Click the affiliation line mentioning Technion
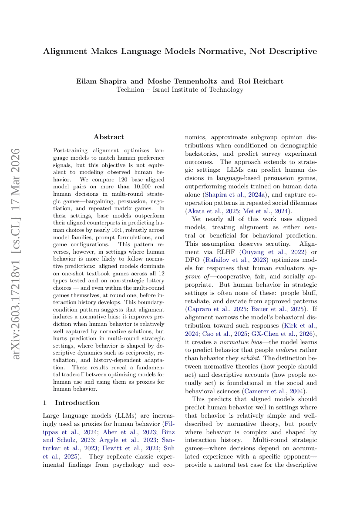180,90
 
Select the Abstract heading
109,137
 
